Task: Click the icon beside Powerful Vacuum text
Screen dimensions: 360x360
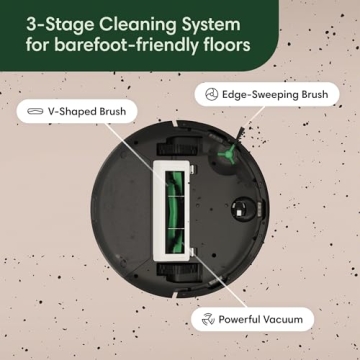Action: click(x=208, y=319)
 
